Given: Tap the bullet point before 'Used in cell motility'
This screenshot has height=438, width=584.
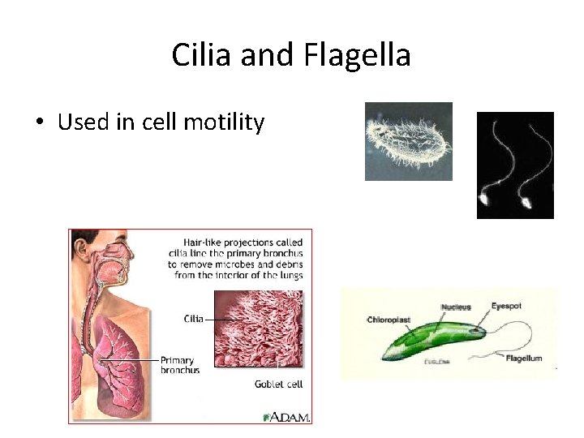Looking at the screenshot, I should tap(39, 123).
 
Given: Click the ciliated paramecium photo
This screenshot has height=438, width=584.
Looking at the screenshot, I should tap(408, 140).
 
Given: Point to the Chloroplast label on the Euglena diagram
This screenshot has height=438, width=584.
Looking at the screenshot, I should tap(389, 320).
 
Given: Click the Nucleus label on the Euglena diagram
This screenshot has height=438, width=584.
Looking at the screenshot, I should tap(456, 307).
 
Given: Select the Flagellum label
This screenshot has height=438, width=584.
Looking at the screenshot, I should tap(523, 358).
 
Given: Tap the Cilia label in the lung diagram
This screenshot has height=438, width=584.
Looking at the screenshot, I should tap(193, 319).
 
